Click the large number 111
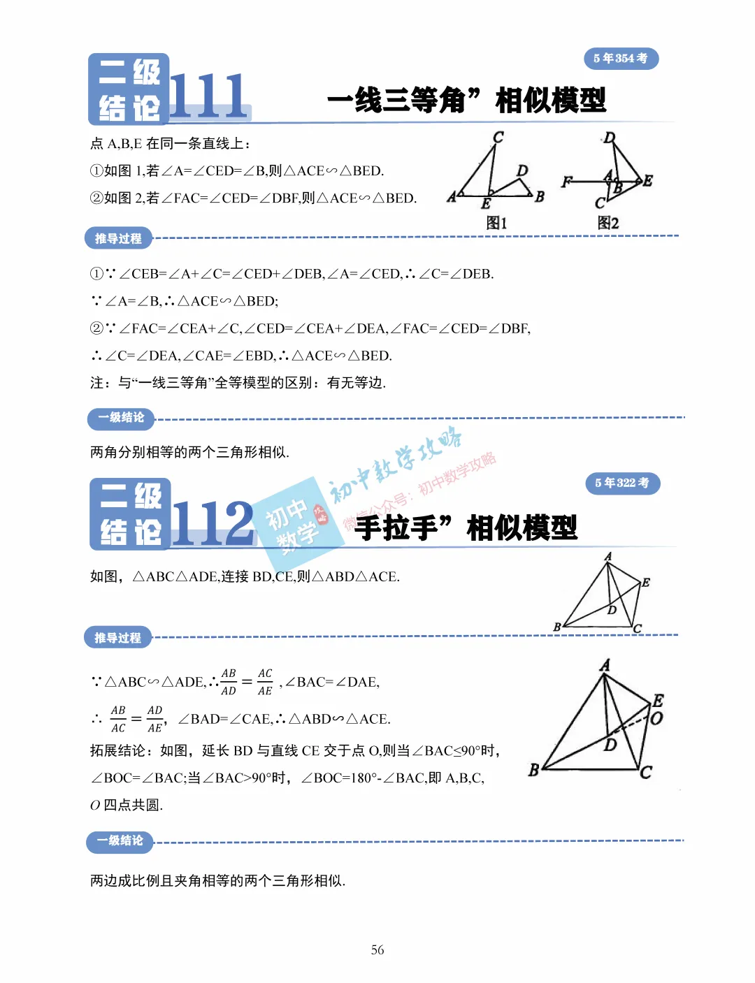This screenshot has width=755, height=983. coord(208,96)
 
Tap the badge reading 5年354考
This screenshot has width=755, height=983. coord(621,59)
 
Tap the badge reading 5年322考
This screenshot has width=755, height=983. coord(622,483)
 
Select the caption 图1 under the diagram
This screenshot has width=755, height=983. coord(496,223)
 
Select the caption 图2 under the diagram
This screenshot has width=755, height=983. coord(607,223)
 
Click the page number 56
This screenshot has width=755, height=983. coord(377,949)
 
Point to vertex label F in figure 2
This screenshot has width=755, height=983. coord(566,182)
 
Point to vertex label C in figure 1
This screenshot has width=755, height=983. coord(498,138)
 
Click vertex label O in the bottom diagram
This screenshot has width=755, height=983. coord(656,718)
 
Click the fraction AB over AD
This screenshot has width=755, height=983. coord(229,682)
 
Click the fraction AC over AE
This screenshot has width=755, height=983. coord(265,682)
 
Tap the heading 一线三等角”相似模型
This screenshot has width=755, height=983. coord(466,101)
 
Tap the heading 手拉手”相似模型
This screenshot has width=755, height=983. coord(466,527)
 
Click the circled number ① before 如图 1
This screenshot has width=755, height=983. coord(96,171)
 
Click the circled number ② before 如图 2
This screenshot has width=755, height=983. coord(96,198)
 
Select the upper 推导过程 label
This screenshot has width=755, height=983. coord(118,239)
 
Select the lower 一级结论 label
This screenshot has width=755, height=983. coord(120,841)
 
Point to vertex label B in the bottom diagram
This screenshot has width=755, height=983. coord(534,770)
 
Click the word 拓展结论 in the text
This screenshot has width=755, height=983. coord(117,751)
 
